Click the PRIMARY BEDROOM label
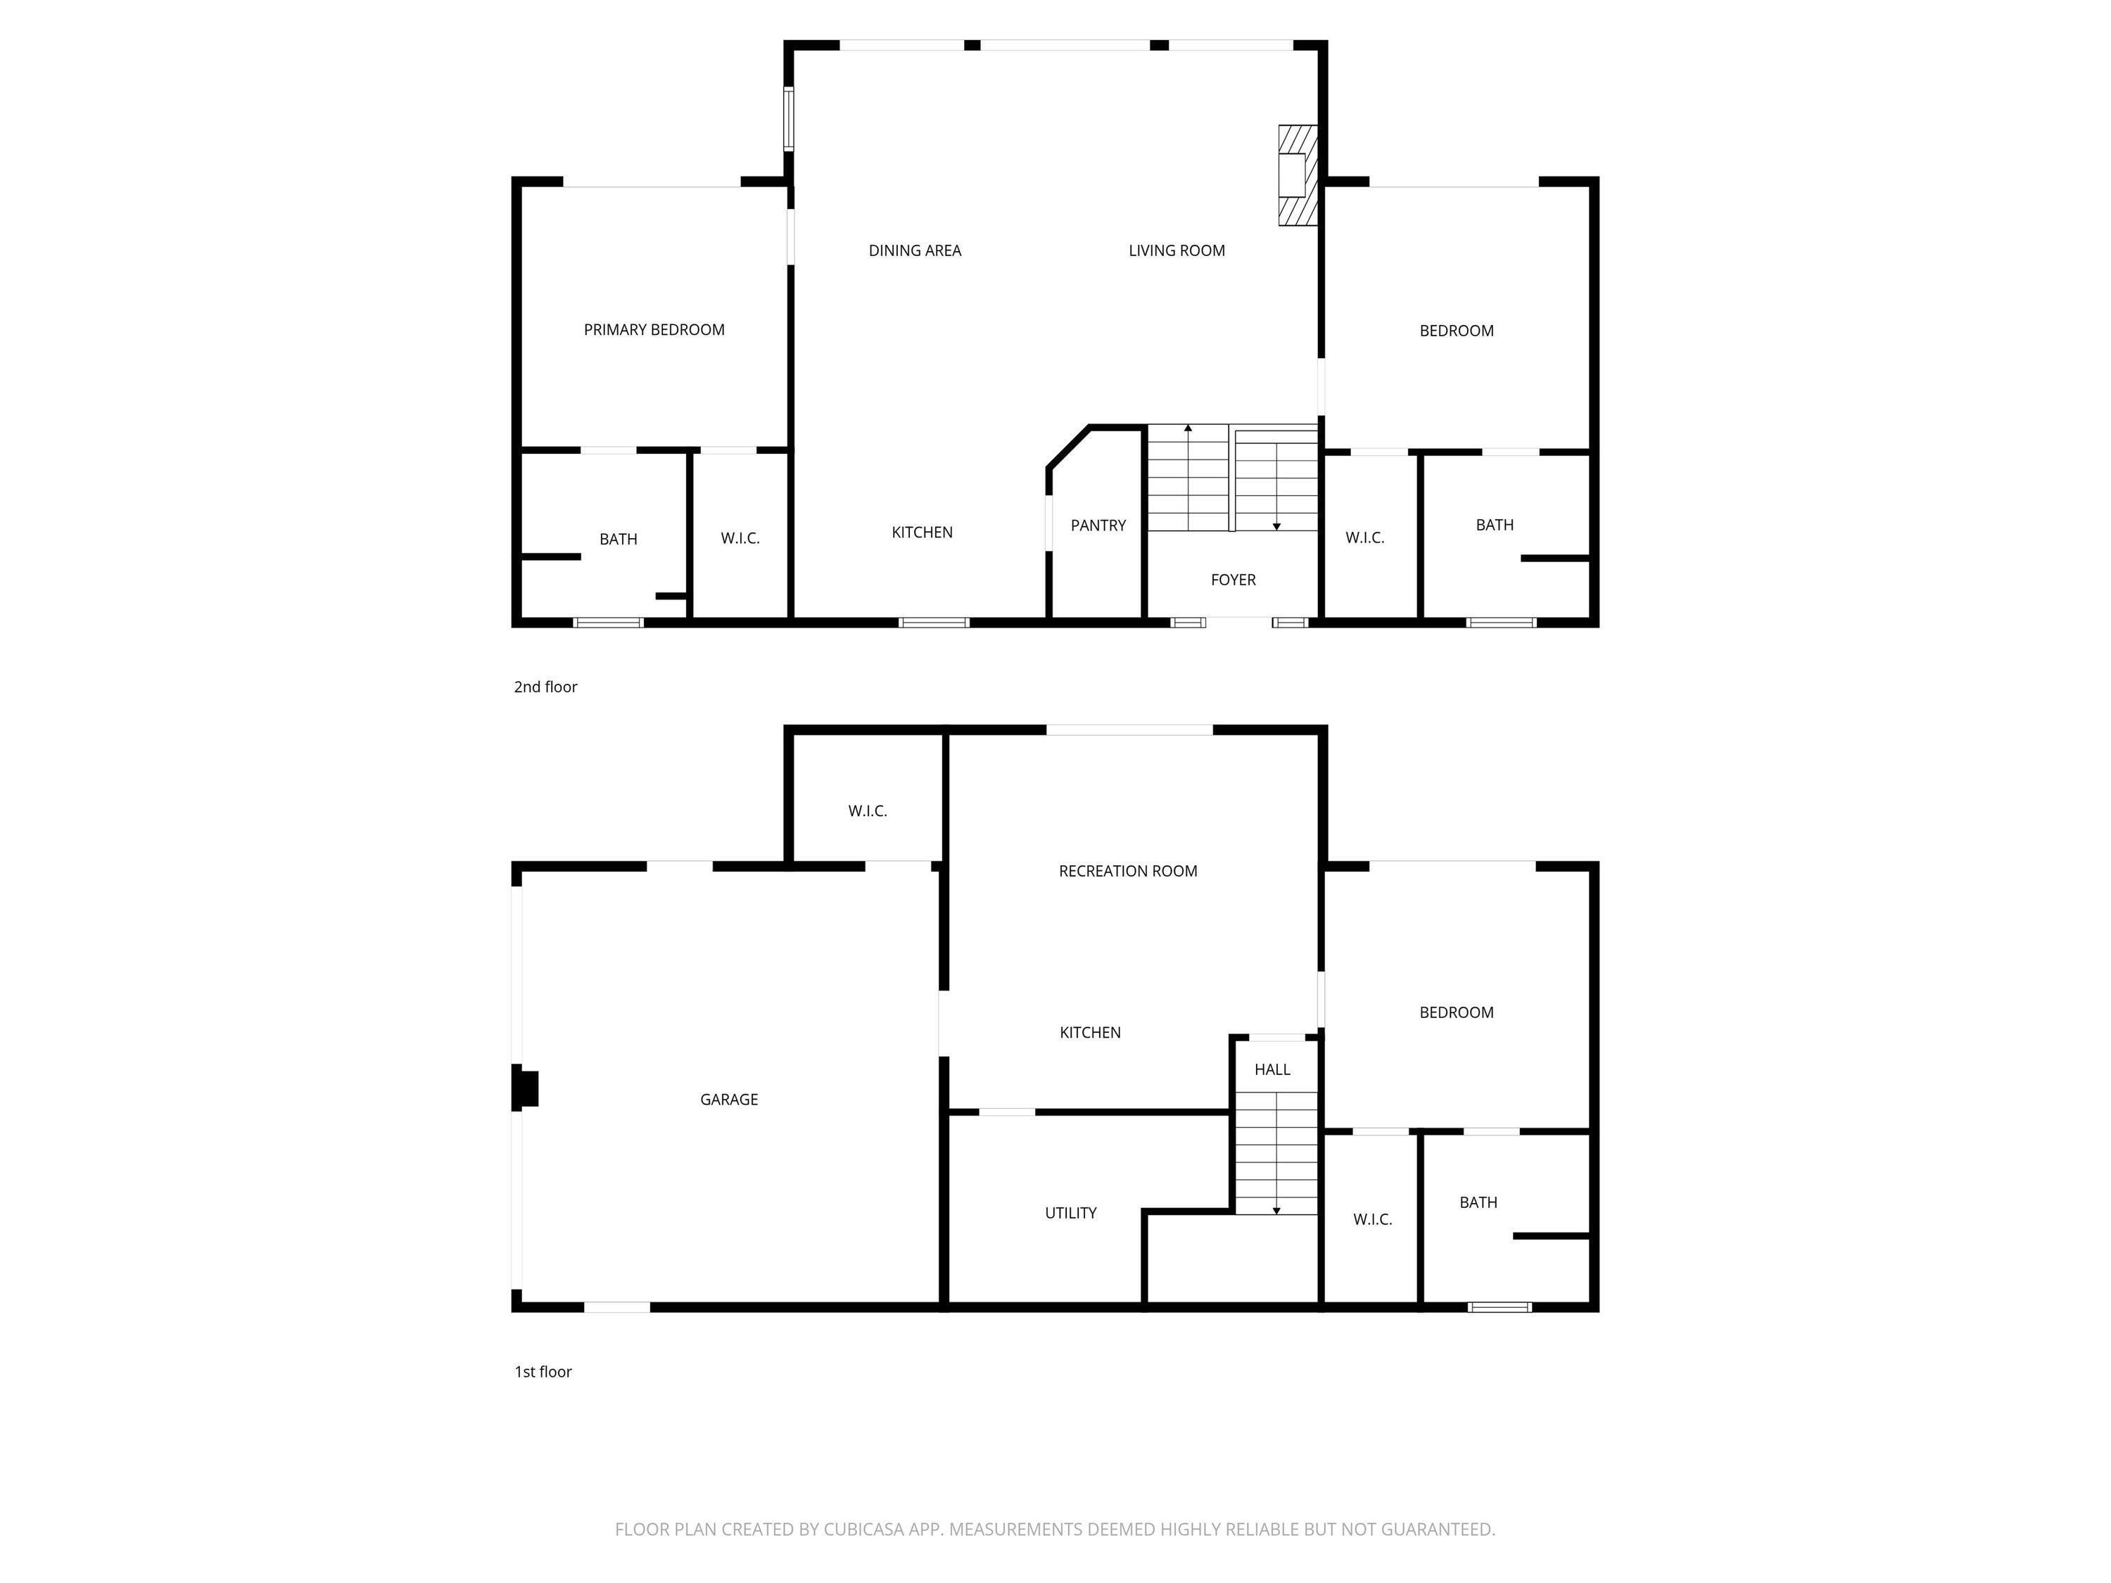coord(654,330)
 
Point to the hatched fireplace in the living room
coord(1298,176)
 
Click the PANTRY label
coord(1098,526)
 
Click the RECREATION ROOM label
coord(1128,871)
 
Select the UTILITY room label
coord(1071,1214)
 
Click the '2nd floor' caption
coord(546,687)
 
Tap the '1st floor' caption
coord(543,1372)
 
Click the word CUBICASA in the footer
coord(863,1530)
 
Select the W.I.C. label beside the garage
coord(868,811)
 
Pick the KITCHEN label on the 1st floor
coord(1090,1032)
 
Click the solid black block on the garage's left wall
coord(526,1088)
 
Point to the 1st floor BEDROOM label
coord(1457,1013)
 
